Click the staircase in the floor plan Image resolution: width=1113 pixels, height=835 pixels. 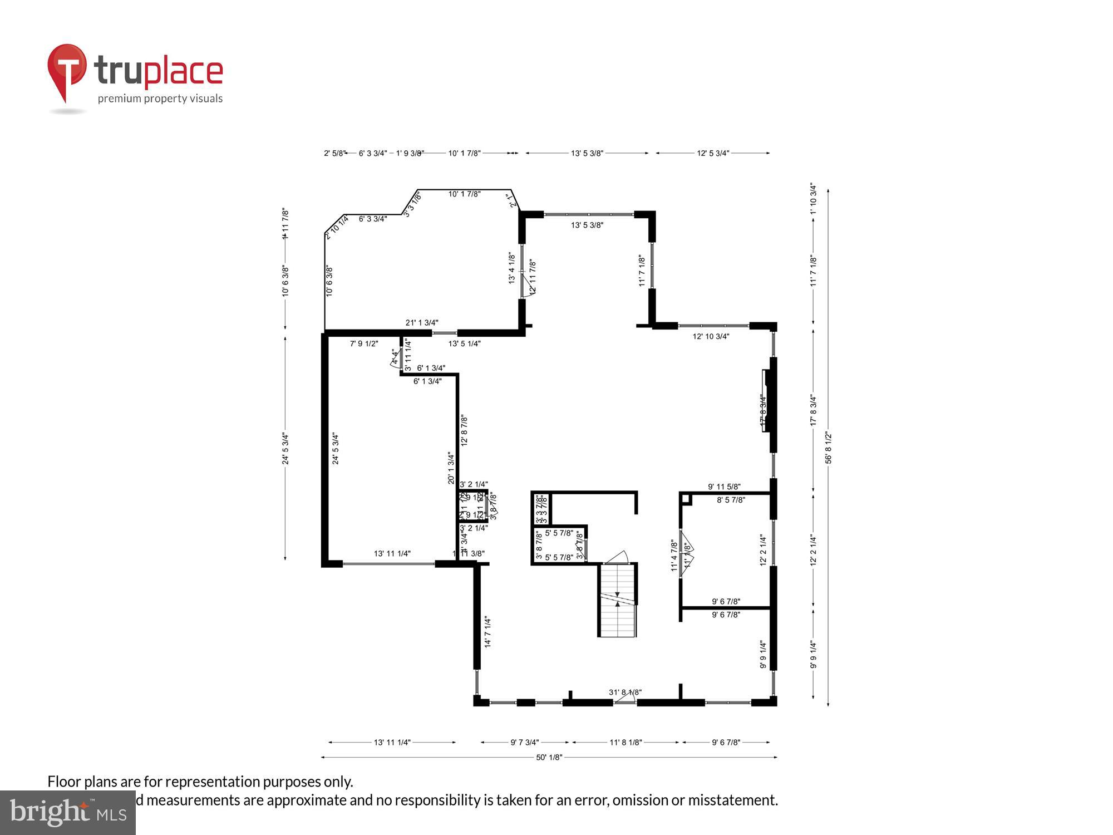(617, 600)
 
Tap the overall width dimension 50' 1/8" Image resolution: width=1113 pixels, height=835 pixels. (549, 757)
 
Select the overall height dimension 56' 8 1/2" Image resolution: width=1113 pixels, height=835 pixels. (829, 448)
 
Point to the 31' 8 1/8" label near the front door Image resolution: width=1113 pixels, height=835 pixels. (625, 692)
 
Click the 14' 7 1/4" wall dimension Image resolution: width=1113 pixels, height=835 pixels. (487, 631)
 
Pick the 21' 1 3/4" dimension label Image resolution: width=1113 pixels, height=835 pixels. (422, 322)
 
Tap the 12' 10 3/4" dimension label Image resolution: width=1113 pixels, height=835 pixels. (711, 336)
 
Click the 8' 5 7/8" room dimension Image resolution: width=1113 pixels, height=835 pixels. (731, 500)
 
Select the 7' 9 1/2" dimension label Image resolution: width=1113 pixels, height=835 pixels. (364, 343)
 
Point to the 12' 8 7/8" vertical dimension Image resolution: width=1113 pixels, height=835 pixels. (464, 430)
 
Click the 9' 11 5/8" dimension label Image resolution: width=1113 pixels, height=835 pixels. (724, 487)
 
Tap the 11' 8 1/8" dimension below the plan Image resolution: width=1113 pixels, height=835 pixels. (626, 742)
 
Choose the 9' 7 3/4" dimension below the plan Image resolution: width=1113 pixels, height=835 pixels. (525, 742)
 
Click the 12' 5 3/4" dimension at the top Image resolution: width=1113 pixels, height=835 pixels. (713, 153)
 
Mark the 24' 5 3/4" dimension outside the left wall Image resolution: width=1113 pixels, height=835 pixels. (285, 449)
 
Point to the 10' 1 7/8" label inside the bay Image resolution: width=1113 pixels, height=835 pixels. (464, 194)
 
